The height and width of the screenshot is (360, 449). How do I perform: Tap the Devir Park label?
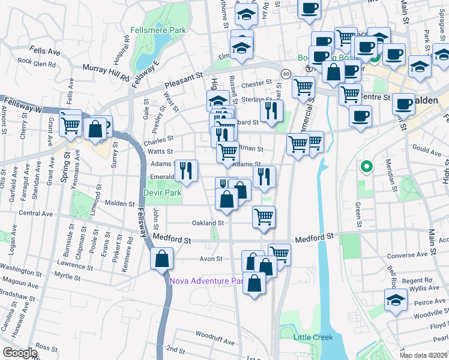coord(161,193)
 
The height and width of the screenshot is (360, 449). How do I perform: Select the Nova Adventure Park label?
coord(205,280)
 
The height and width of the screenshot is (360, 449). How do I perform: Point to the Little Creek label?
coord(313,337)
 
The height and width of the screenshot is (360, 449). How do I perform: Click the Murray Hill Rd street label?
coord(106,73)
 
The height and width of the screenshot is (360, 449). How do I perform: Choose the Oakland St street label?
coord(208,223)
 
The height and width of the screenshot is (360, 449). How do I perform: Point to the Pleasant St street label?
coord(184,78)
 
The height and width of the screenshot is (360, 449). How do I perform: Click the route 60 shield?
coord(285,73)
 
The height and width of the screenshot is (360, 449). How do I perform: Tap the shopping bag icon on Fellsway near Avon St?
coord(162,259)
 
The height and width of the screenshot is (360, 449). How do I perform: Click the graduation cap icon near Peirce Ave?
coord(396,301)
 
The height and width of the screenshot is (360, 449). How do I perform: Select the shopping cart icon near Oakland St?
coord(264,217)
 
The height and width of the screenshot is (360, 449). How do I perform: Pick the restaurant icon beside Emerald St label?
coord(186,171)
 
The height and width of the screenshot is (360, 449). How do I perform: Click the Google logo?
coord(19,353)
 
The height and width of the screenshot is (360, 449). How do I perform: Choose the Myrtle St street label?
coord(67,277)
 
